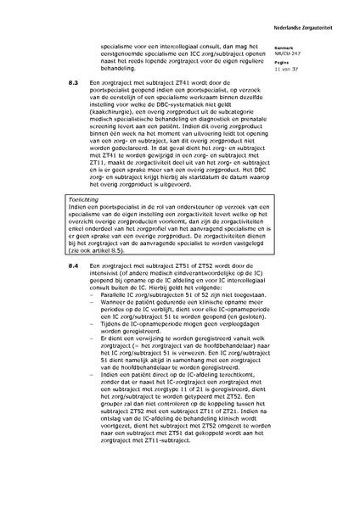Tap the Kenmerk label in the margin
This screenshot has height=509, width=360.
tap(309, 48)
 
